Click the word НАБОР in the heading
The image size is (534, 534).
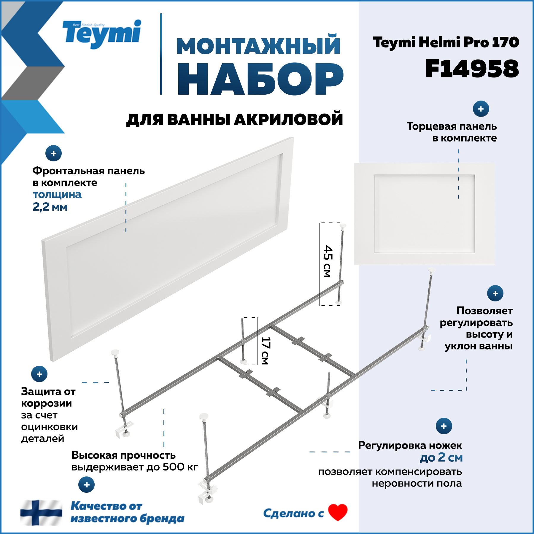coord(260,79)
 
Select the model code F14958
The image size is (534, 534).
coord(472,69)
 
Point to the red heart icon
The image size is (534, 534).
coord(338,512)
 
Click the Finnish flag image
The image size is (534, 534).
coord(41,512)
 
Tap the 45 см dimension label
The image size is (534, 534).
coord(328,261)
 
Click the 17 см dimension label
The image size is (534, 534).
coord(265,351)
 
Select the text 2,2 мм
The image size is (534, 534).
coord(50,207)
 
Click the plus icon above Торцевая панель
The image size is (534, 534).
coord(481,109)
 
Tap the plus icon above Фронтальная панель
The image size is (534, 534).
coord(53,153)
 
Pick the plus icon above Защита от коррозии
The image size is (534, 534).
coord(39,374)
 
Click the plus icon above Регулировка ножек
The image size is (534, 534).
coord(444,426)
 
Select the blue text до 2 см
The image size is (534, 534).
coord(441,457)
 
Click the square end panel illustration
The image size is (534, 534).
coord(425,214)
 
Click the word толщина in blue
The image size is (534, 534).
coord(57,195)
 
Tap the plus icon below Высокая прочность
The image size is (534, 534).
coord(86,485)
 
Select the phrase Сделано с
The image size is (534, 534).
coord(293,513)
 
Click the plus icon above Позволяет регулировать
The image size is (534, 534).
coord(495,293)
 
